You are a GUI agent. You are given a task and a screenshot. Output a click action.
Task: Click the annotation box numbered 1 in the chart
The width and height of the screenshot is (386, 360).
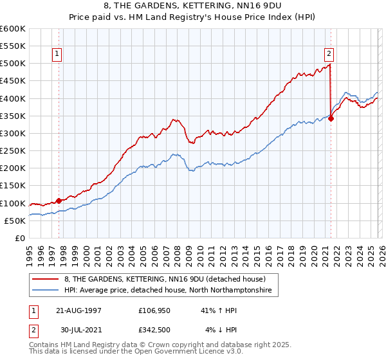pos(58,55)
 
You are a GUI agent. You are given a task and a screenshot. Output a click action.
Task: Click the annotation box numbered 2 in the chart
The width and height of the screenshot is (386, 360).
pos(329,55)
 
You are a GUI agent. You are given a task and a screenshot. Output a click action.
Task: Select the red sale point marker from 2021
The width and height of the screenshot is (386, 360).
pos(331,118)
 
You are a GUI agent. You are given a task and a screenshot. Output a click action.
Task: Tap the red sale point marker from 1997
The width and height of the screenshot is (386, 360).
pos(59,200)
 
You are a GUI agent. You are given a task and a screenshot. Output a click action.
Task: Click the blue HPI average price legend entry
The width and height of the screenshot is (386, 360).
pos(169,291)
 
